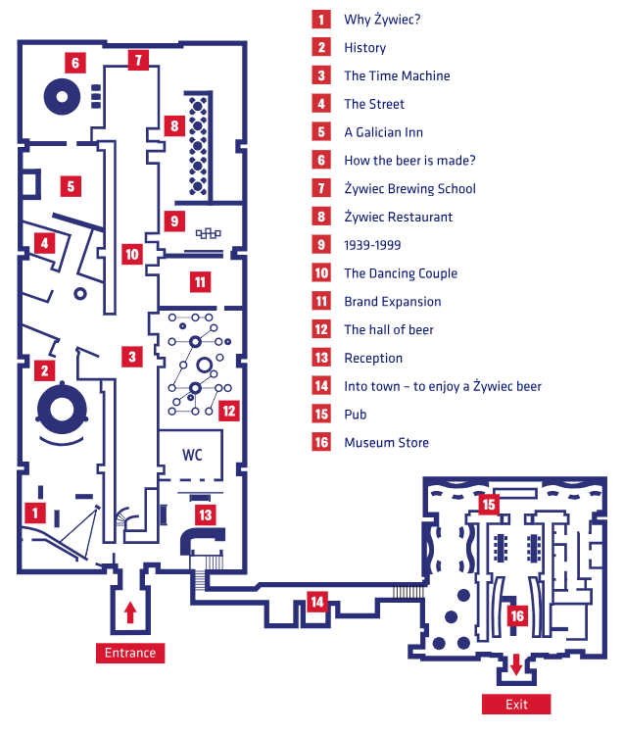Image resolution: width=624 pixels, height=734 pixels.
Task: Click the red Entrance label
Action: click(x=130, y=653)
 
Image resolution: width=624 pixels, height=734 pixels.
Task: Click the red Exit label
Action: click(x=516, y=705)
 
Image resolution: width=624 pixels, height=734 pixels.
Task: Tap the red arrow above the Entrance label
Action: click(x=130, y=612)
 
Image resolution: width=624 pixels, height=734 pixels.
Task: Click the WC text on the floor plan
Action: click(x=192, y=456)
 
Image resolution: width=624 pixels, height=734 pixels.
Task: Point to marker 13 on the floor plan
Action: click(x=205, y=514)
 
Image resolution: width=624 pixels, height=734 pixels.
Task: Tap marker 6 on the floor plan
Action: click(x=75, y=63)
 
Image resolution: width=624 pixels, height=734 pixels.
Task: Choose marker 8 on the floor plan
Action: click(x=174, y=125)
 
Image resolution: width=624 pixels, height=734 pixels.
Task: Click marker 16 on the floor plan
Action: click(x=519, y=615)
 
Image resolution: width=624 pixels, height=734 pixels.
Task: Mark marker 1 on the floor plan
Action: click(x=36, y=512)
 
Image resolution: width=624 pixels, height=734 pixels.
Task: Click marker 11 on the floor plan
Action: click(x=201, y=282)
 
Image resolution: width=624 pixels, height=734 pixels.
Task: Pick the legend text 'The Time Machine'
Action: click(x=397, y=75)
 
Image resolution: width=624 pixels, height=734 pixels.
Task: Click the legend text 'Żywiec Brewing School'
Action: click(x=409, y=188)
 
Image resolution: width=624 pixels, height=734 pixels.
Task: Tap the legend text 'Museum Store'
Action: click(x=386, y=443)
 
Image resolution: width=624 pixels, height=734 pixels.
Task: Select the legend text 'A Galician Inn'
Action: click(x=383, y=132)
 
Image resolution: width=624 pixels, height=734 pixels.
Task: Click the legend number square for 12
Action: click(x=320, y=330)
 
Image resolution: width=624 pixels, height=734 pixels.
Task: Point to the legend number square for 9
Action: click(x=320, y=245)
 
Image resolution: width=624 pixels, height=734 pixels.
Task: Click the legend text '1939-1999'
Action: click(x=373, y=245)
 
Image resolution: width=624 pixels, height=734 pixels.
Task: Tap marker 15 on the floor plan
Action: click(x=488, y=505)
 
